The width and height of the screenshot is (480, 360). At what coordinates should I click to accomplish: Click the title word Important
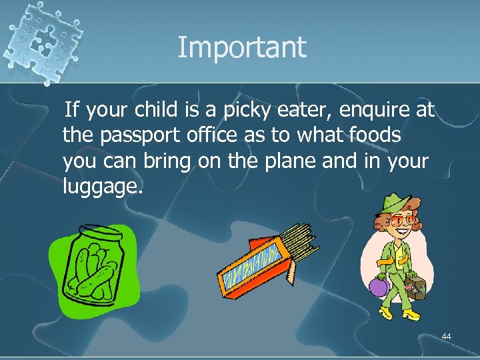241,47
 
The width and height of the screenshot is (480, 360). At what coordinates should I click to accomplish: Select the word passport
145,135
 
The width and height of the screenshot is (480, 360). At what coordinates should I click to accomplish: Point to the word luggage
102,187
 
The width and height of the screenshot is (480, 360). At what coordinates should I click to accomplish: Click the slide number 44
446,337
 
